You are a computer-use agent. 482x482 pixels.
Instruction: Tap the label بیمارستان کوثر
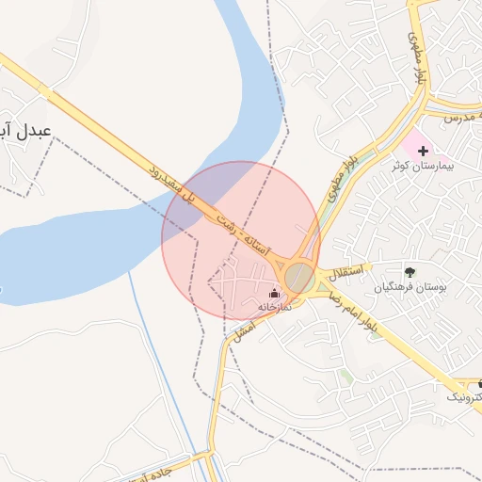pyautogui.click(x=424, y=166)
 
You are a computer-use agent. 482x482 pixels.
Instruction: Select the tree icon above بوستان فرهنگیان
pyautogui.click(x=408, y=272)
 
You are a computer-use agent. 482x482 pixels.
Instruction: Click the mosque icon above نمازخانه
pyautogui.click(x=275, y=294)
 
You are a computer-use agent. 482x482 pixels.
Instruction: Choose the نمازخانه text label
pyautogui.click(x=276, y=307)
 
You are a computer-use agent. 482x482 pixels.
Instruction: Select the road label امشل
pyautogui.click(x=243, y=329)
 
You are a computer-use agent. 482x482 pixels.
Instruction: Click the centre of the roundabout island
pyautogui.click(x=299, y=277)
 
